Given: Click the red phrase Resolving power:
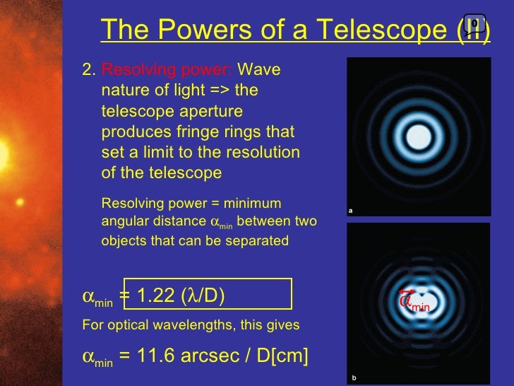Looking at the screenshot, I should point(167,70).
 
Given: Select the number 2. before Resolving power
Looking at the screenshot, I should point(89,70).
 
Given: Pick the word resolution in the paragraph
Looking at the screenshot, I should point(265,153).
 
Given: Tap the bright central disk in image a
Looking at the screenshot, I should point(419,134).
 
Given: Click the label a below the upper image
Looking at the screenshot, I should point(350,210).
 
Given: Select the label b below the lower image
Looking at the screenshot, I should point(354,378).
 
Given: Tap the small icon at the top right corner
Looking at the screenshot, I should point(474,23).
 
